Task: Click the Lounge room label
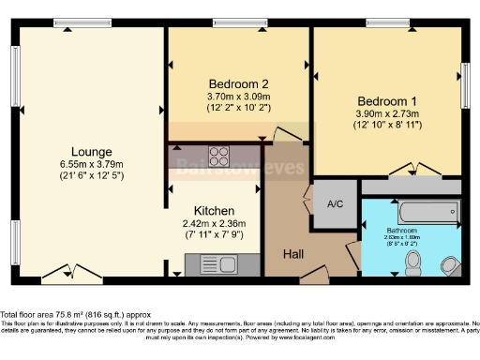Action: [91, 151]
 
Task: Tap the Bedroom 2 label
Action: [237, 82]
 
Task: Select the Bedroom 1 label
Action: [386, 100]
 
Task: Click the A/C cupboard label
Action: [334, 203]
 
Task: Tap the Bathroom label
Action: [406, 230]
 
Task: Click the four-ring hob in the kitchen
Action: [218, 156]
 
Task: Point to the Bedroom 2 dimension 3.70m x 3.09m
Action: [237, 95]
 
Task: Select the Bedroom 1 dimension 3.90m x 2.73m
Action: [386, 113]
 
